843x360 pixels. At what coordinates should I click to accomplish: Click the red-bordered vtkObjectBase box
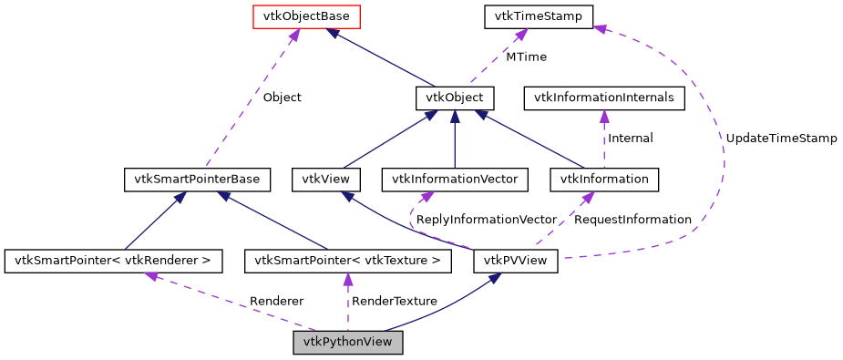coord(293,16)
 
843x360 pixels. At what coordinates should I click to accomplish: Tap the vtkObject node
coord(455,98)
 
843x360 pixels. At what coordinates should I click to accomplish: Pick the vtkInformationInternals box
coord(603,98)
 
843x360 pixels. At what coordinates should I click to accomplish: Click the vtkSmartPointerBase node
coord(196,180)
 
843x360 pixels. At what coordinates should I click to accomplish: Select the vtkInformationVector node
coord(455,180)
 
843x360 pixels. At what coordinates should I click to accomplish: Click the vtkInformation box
coord(604,180)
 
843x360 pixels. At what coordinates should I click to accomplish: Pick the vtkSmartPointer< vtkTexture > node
coord(348,262)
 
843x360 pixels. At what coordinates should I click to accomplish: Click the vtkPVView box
coord(516,262)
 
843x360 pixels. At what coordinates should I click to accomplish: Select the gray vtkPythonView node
coord(347,344)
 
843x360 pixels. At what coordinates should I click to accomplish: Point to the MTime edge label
coord(526,57)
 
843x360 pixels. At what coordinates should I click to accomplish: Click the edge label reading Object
coord(282,98)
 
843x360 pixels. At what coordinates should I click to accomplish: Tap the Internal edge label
coord(630,139)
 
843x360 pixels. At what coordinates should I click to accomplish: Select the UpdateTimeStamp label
coord(781,139)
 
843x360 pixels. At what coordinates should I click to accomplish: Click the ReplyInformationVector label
coord(486,221)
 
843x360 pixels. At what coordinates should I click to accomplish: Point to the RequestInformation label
coord(633,221)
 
